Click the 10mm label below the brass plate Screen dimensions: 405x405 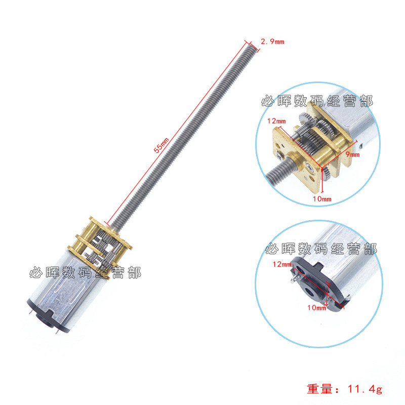(322, 199)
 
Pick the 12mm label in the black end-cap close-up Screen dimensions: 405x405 (281, 264)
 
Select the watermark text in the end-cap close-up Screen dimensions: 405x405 (320, 249)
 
